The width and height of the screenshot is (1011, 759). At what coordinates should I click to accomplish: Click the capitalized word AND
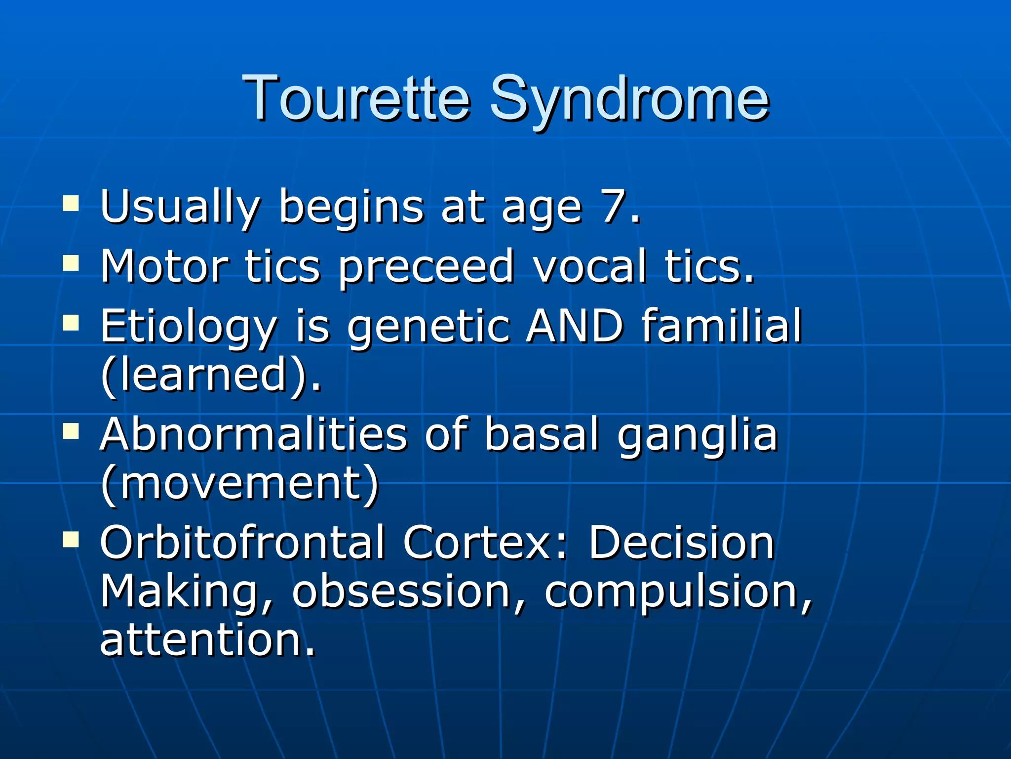(574, 326)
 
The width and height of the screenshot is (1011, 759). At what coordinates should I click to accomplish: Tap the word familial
(721, 326)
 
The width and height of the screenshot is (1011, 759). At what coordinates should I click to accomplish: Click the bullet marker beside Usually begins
(71, 203)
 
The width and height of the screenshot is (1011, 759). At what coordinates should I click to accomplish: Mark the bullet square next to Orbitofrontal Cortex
(71, 540)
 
